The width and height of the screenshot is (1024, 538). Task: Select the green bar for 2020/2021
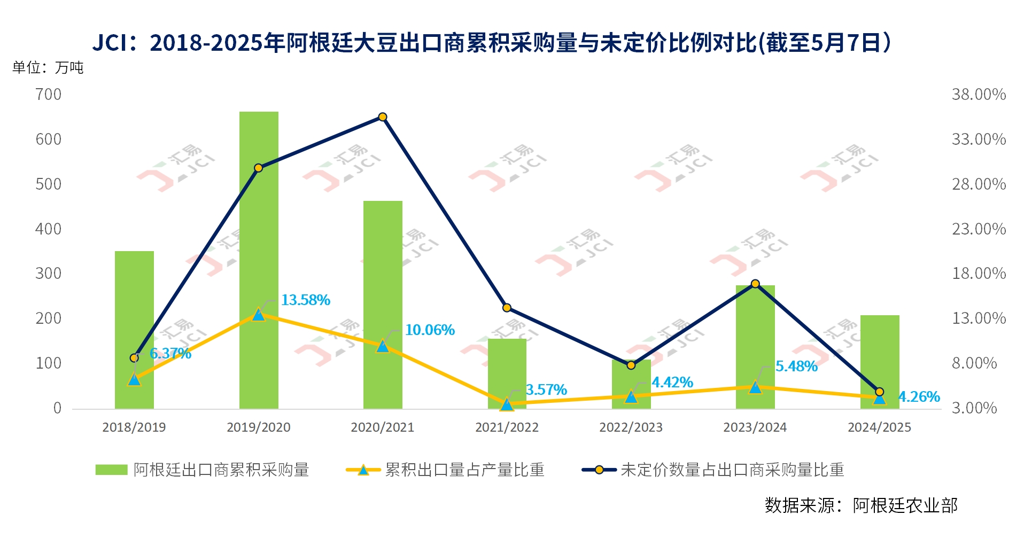(x=383, y=267)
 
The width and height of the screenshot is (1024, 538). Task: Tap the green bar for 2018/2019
(x=134, y=299)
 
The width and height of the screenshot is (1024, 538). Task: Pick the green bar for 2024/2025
(x=879, y=353)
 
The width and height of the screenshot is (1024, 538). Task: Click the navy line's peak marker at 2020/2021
(x=383, y=117)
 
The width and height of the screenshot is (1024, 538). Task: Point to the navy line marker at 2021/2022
(x=507, y=308)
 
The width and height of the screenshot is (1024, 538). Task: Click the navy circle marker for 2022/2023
(x=631, y=365)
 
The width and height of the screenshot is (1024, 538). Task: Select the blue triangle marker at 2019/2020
(x=259, y=315)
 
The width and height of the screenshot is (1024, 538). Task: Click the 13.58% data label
(x=306, y=300)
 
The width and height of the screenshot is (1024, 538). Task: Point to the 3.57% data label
(x=546, y=390)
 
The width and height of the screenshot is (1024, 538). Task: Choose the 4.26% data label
(x=919, y=397)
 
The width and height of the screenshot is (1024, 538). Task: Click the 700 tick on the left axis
(x=48, y=95)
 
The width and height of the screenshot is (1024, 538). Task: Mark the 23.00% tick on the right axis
(x=979, y=229)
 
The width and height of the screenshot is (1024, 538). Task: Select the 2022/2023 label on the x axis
(x=631, y=427)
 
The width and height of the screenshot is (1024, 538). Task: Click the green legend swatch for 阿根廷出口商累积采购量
(x=111, y=470)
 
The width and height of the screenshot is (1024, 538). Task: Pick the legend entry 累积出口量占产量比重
(x=464, y=470)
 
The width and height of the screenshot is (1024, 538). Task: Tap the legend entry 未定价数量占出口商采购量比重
(x=732, y=470)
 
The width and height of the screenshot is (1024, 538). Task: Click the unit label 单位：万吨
(x=48, y=68)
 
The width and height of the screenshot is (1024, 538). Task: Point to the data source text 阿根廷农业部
(x=905, y=505)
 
